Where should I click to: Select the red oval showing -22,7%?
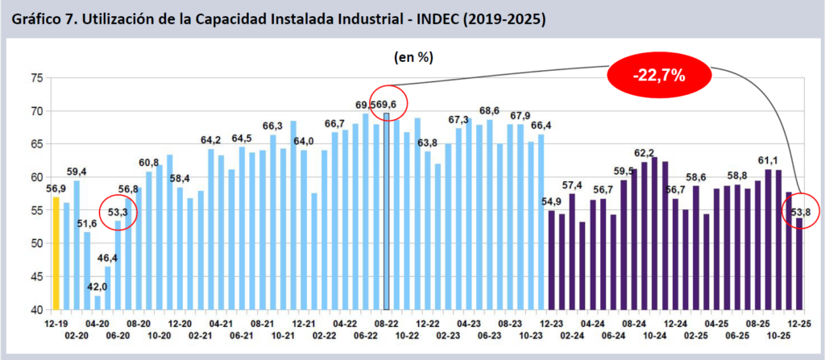659,77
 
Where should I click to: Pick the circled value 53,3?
118,212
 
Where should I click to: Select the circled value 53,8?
801,212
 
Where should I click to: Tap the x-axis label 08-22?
387,322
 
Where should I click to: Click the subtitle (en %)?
414,57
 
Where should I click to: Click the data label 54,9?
552,201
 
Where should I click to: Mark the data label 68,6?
489,111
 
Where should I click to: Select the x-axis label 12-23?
552,322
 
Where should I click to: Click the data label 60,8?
149,162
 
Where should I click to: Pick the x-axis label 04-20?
97,322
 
